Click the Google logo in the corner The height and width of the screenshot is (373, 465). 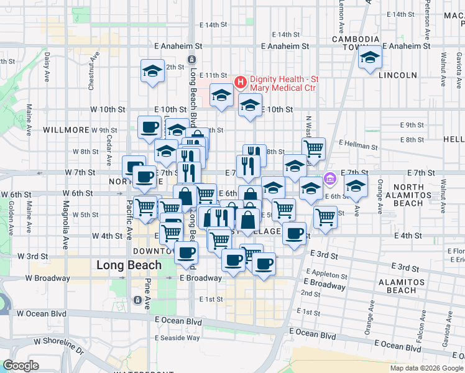(20, 365)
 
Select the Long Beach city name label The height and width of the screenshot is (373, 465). (129, 265)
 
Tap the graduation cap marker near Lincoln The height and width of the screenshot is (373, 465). (370, 58)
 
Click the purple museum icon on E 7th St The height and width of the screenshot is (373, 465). (330, 178)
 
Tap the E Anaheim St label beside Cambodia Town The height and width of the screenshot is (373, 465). (407, 46)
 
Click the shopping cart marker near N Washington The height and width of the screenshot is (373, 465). (314, 149)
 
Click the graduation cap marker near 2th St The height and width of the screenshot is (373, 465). (152, 71)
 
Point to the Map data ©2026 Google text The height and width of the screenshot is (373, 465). (426, 368)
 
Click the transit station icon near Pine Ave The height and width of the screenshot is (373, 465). (137, 300)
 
